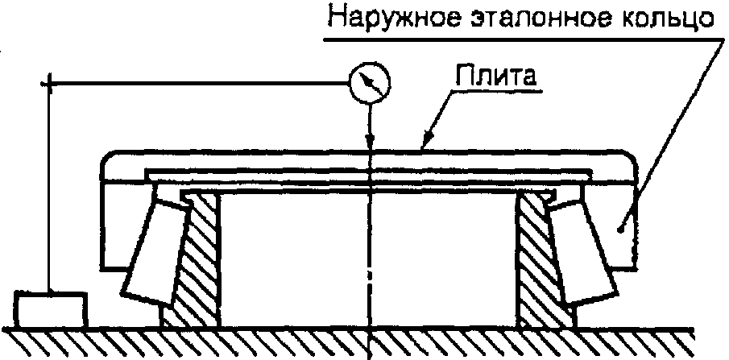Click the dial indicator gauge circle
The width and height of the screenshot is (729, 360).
[370, 82]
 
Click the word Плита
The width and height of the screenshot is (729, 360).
[497, 79]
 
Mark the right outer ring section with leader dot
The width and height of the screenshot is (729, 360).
[620, 230]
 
